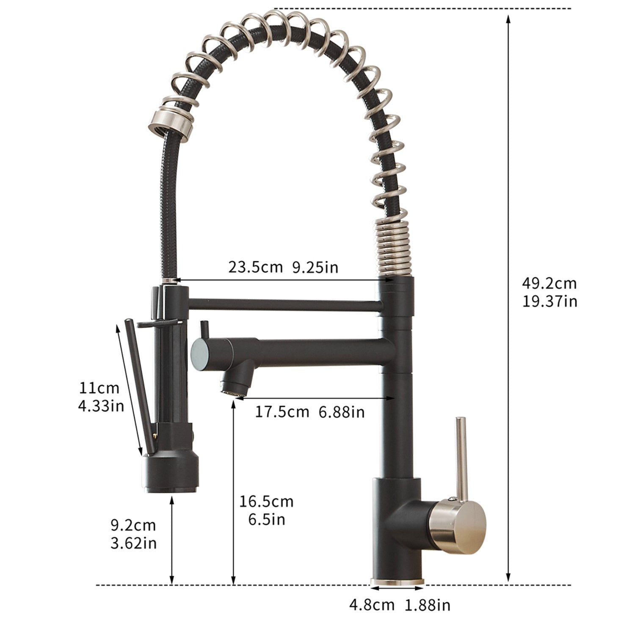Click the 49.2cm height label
click(549, 283)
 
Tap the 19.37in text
click(549, 301)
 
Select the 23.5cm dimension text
click(255, 267)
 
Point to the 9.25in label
click(315, 267)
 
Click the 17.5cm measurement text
click(282, 411)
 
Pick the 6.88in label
click(341, 411)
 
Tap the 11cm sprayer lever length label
click(99, 388)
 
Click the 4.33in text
click(101, 406)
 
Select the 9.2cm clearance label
click(133, 525)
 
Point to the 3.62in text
click(133, 543)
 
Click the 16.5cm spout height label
click(266, 502)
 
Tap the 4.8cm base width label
click(372, 605)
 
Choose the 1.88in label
click(428, 605)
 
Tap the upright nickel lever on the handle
click(461, 457)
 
